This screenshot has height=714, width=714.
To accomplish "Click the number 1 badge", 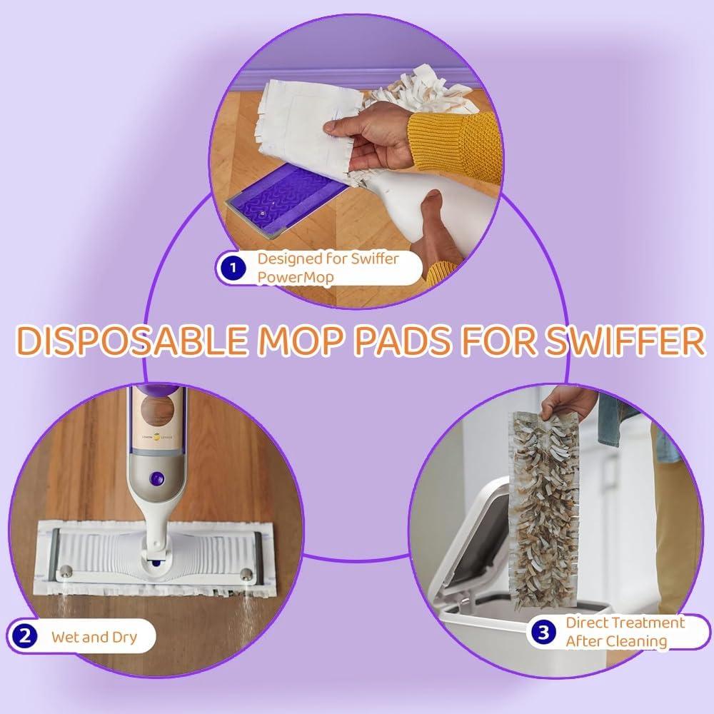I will [x=231, y=268].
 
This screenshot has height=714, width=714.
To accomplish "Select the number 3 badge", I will [x=544, y=632].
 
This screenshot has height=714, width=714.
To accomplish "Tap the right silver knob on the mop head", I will [x=246, y=573].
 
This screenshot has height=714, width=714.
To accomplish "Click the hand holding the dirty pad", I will [x=568, y=403].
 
